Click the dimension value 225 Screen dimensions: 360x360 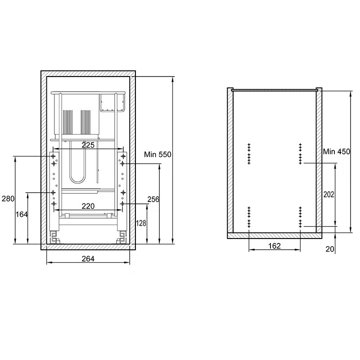pos(88,145)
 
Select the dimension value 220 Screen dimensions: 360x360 pos(88,206)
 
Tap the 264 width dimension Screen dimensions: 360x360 pos(88,259)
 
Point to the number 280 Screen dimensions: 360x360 pos(8,198)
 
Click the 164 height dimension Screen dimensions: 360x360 pos(21,215)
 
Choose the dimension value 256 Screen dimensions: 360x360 pos(153,199)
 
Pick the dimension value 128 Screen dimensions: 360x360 pos(141,223)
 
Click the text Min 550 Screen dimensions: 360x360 pos(158,154)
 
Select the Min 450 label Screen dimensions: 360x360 pos(337,152)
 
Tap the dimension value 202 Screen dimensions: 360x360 pos(329,194)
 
